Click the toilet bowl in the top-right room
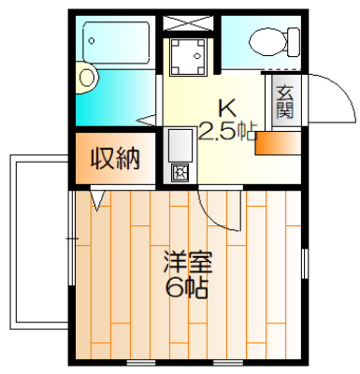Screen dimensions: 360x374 tap(267, 41)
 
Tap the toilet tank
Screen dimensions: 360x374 tap(294, 42)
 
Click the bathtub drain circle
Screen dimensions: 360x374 tap(92, 41)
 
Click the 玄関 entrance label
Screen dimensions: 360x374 tap(285, 101)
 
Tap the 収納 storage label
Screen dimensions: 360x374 tap(115, 159)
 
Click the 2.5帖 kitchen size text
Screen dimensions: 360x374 tap(228, 131)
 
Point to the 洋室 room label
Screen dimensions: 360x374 tap(188, 263)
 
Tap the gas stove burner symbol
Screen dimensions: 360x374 tap(180, 172)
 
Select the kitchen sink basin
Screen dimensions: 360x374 tap(180, 145)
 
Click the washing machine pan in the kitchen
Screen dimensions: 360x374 tap(188, 57)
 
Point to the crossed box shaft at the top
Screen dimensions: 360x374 tap(189, 22)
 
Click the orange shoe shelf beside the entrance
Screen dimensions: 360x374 tap(278, 143)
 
